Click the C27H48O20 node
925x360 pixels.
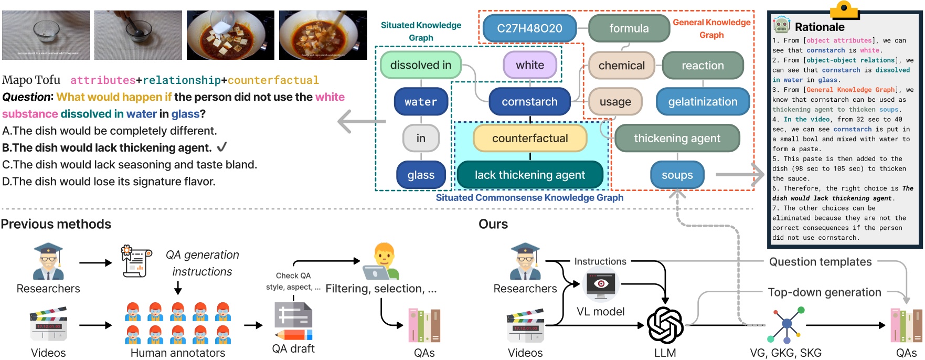coord(529,28)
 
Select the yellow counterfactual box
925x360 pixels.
coord(530,138)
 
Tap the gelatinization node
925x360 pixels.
coord(703,102)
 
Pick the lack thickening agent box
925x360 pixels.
coord(530,175)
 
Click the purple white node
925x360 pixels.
coord(530,65)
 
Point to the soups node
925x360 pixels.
coord(677,175)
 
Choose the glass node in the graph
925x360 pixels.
coord(421,175)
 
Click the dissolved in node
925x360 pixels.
coord(421,65)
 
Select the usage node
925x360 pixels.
coord(615,102)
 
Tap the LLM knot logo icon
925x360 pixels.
coord(665,325)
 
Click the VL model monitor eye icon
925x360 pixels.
coord(601,284)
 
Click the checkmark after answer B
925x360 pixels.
coord(222,147)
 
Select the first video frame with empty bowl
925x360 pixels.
coord(46,35)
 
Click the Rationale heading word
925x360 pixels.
coord(820,27)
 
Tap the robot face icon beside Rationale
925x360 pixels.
coord(781,25)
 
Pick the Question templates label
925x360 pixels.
coord(820,262)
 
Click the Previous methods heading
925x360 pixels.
coord(56,224)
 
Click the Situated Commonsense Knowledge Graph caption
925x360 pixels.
coord(529,198)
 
